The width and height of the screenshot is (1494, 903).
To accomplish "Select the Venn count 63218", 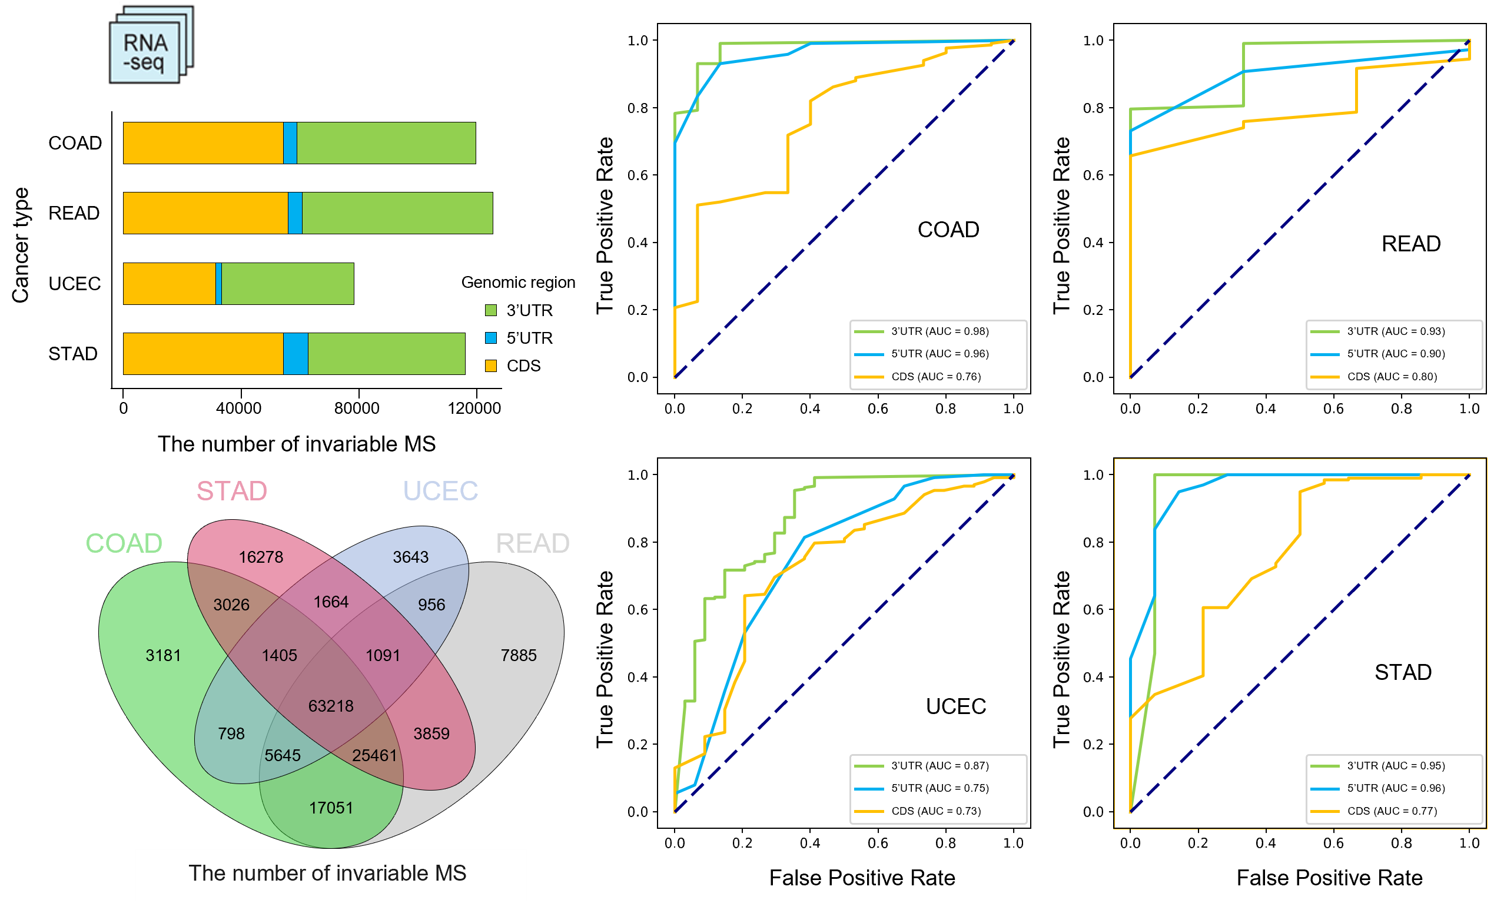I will tap(330, 706).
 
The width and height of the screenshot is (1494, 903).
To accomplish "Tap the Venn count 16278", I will tap(261, 557).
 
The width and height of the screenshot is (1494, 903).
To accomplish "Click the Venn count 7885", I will tap(519, 655).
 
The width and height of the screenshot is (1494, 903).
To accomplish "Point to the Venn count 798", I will tap(231, 733).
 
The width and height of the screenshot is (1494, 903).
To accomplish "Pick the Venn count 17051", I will tap(330, 808).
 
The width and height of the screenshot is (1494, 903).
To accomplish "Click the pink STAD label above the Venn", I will tap(231, 490).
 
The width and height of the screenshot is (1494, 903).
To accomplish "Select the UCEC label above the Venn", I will tap(440, 490).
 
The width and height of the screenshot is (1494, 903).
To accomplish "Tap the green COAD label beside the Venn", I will tap(124, 543).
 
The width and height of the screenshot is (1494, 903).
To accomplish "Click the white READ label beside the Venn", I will tap(532, 543).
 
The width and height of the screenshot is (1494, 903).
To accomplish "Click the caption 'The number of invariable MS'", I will tap(327, 874).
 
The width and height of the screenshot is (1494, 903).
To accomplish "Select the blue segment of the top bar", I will tap(290, 143).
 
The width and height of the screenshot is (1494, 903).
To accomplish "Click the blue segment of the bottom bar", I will tap(296, 354).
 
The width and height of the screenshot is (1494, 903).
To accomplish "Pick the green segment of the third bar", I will tap(287, 283).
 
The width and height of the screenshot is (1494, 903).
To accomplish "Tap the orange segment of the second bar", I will tap(205, 213).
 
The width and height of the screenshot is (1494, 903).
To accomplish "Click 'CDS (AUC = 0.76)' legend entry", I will tap(935, 377).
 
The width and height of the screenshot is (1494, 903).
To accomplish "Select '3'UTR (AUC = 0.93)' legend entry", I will tap(1396, 331).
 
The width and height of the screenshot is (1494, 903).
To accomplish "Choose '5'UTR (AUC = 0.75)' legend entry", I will tap(940, 788).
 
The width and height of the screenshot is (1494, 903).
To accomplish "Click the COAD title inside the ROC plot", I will tap(948, 230).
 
